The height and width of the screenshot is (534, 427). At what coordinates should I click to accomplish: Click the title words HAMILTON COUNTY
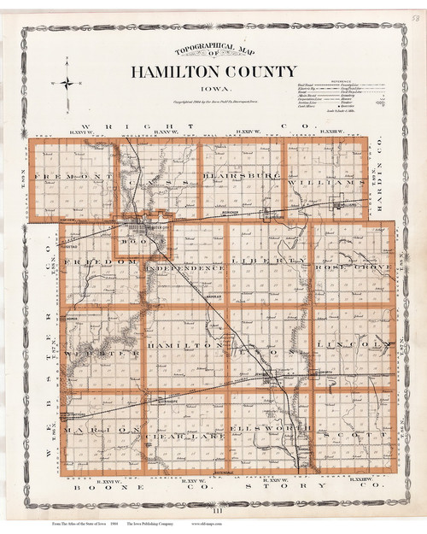[x=214, y=72]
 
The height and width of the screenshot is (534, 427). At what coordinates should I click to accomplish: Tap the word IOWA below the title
[x=213, y=87]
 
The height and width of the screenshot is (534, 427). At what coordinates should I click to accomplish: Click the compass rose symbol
[x=67, y=83]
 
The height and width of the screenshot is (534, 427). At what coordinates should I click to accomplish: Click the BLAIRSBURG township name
[x=241, y=176]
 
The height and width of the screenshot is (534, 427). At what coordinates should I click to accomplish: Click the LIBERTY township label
[x=270, y=260]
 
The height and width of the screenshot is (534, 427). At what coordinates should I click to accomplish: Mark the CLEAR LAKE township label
[x=185, y=435]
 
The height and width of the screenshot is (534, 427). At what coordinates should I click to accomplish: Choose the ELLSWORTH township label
[x=269, y=427]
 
